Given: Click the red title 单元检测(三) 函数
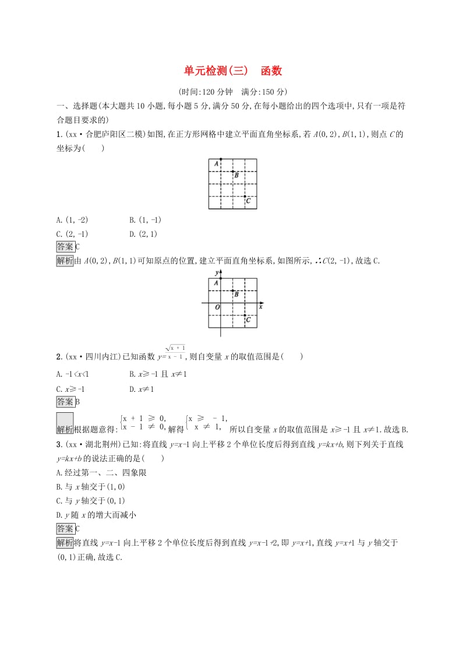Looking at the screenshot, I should (x=233, y=71).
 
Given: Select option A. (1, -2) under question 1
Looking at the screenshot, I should (x=72, y=220).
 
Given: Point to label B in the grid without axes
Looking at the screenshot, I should (x=236, y=174).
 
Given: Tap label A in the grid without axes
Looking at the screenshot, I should (x=216, y=164).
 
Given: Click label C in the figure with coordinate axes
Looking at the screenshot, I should (x=248, y=320).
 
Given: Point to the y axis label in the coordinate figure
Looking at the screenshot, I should (x=216, y=272).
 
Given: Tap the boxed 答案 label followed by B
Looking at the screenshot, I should (x=65, y=402).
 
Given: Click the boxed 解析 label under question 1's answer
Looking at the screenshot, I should (x=65, y=261).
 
